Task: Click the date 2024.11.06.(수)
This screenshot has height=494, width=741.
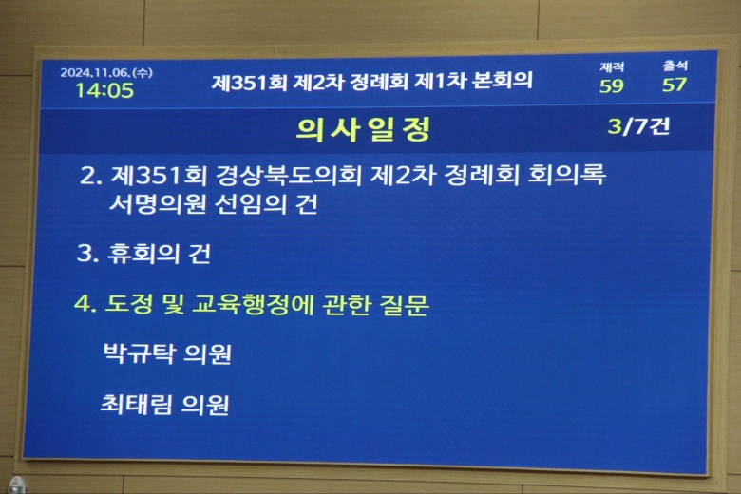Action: [x=106, y=72]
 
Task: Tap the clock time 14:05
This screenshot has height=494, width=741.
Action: [x=104, y=90]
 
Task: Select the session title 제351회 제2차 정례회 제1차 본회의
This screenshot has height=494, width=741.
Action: [x=371, y=81]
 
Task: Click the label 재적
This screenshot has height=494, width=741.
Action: [x=612, y=67]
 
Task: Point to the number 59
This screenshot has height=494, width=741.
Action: [x=612, y=86]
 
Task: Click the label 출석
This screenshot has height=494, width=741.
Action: [x=674, y=66]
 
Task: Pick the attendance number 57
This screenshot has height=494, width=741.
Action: [x=674, y=85]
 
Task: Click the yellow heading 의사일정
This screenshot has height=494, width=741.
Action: [x=363, y=129]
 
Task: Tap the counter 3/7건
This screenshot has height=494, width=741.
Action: [x=638, y=126]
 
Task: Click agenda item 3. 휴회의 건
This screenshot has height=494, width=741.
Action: [x=143, y=254]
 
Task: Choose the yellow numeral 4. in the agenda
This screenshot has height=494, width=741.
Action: [x=85, y=303]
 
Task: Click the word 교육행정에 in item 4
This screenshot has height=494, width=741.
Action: [x=254, y=304]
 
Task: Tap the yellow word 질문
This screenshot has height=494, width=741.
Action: [x=405, y=305]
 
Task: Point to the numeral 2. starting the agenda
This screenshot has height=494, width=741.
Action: [x=91, y=176]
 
